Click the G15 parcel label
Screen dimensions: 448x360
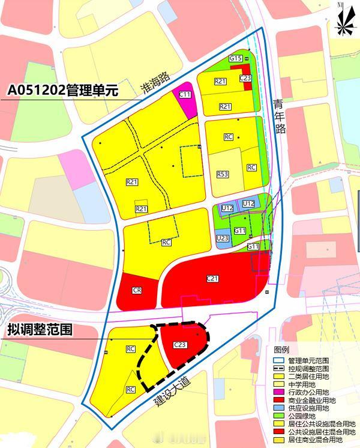click(x=236, y=58)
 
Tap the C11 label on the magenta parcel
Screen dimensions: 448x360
click(x=185, y=95)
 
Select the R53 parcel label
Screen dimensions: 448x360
click(x=222, y=174)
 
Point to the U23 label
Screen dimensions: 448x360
click(x=223, y=238)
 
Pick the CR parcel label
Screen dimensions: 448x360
click(x=137, y=290)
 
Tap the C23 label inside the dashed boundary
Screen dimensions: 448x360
click(x=180, y=345)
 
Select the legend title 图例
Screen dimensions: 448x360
click(x=282, y=350)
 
